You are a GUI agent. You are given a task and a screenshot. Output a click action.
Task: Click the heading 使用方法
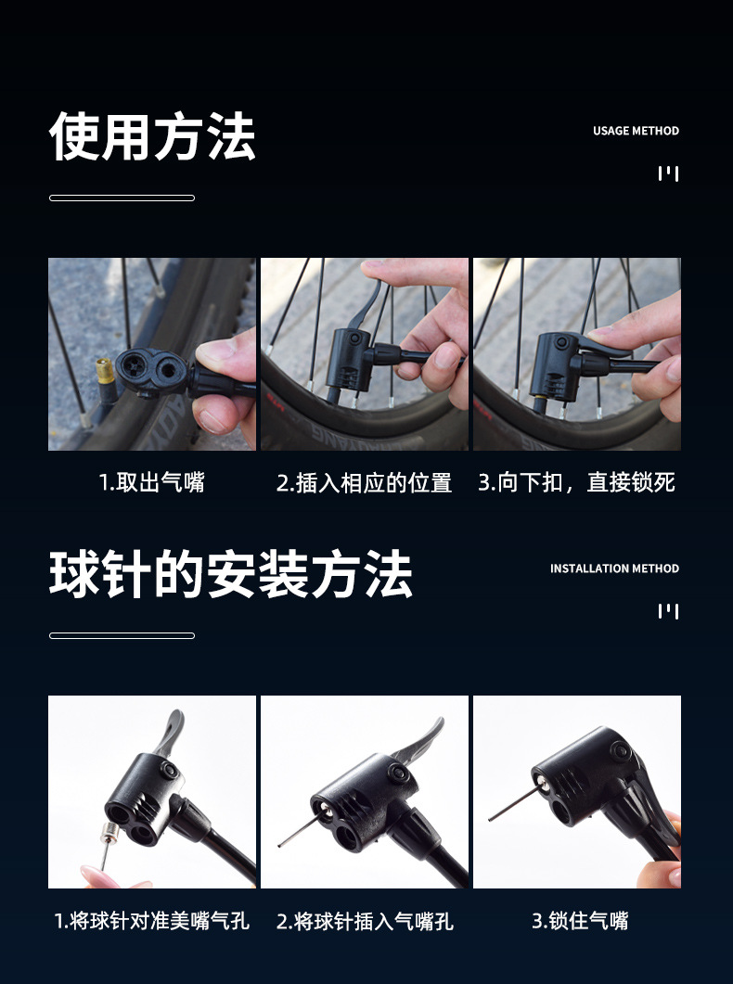coord(152,136)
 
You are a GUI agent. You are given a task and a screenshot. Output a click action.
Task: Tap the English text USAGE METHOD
coord(636,131)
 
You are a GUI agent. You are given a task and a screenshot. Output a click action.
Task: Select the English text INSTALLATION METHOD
coord(614,569)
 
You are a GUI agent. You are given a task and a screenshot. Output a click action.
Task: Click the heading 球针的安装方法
coord(231,574)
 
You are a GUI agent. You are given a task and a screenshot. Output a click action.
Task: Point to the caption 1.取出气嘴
coord(152,482)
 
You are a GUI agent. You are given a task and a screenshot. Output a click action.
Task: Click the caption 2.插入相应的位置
coord(364,482)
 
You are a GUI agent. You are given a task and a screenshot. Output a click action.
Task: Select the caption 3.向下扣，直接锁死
coord(577,482)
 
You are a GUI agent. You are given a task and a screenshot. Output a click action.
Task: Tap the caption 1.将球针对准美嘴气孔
coord(152,921)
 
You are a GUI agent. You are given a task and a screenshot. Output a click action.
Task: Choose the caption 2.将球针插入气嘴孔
coord(364,921)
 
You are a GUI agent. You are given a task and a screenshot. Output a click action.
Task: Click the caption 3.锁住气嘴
coord(580,921)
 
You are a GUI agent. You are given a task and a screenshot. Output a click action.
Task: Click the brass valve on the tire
coord(105,371)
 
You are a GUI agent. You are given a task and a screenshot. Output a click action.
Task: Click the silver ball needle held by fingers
coord(109,844)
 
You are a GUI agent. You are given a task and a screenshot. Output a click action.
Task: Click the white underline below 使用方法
coord(122,198)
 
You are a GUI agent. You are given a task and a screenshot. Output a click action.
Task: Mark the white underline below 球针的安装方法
coord(122,635)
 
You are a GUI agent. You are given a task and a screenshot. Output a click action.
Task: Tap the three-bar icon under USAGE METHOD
coord(668,173)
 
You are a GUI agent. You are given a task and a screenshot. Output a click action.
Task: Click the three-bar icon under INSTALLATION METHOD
coord(668,611)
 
